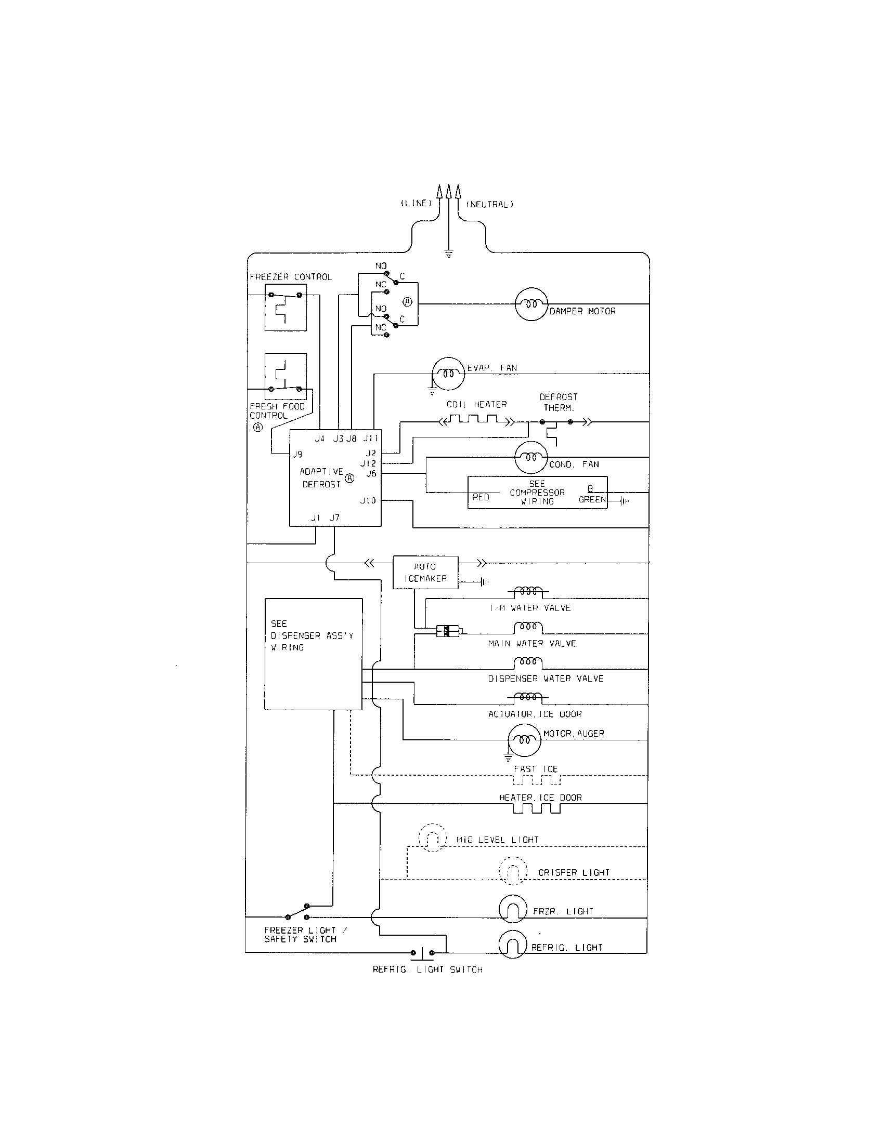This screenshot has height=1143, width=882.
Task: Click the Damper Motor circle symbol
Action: (531, 304)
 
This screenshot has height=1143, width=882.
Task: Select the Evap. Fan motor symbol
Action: (448, 374)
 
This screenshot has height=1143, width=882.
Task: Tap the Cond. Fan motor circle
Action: (531, 457)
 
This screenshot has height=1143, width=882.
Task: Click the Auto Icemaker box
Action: (425, 572)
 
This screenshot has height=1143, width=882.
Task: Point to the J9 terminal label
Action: (297, 454)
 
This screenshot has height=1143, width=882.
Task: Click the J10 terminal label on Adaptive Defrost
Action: (368, 501)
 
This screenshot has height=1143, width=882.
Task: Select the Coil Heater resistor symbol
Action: (476, 419)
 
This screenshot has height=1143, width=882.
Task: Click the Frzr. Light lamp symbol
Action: (512, 910)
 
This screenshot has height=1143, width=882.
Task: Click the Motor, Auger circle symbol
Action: (524, 740)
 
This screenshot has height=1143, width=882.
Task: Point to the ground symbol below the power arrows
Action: (448, 255)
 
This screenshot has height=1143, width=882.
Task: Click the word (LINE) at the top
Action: (416, 203)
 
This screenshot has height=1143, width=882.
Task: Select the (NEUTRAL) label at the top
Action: (489, 205)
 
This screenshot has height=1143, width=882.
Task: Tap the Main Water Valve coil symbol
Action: (528, 627)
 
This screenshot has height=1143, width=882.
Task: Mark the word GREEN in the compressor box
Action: (592, 499)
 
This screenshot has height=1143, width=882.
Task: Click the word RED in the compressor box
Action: (481, 497)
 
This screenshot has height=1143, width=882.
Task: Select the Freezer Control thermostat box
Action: (286, 308)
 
